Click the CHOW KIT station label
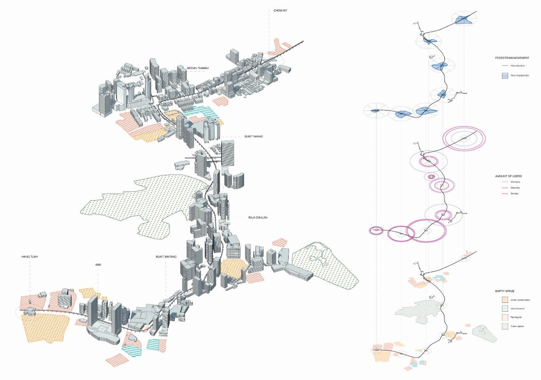pyautogui.click(x=280, y=11)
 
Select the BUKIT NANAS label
pyautogui.click(x=253, y=136)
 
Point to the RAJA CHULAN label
pyautogui.click(x=258, y=217)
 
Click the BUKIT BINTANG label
pyautogui.click(x=166, y=257)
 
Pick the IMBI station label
pyautogui.click(x=98, y=265)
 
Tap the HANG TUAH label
pyautogui.click(x=30, y=257)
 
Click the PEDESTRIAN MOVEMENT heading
pyautogui.click(x=512, y=58)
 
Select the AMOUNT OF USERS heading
pyautogui.click(x=508, y=176)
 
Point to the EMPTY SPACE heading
pyautogui.click(x=504, y=291)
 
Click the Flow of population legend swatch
pyautogui.click(x=505, y=76)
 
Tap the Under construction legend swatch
pyautogui.click(x=505, y=300)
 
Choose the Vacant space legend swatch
pyautogui.click(x=505, y=309)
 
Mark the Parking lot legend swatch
pyautogui.click(x=505, y=318)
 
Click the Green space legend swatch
pyautogui.click(x=505, y=326)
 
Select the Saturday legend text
pyautogui.click(x=515, y=188)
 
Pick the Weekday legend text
pyautogui.click(x=515, y=182)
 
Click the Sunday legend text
pyautogui.click(x=514, y=193)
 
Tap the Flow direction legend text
pyautogui.click(x=518, y=66)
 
